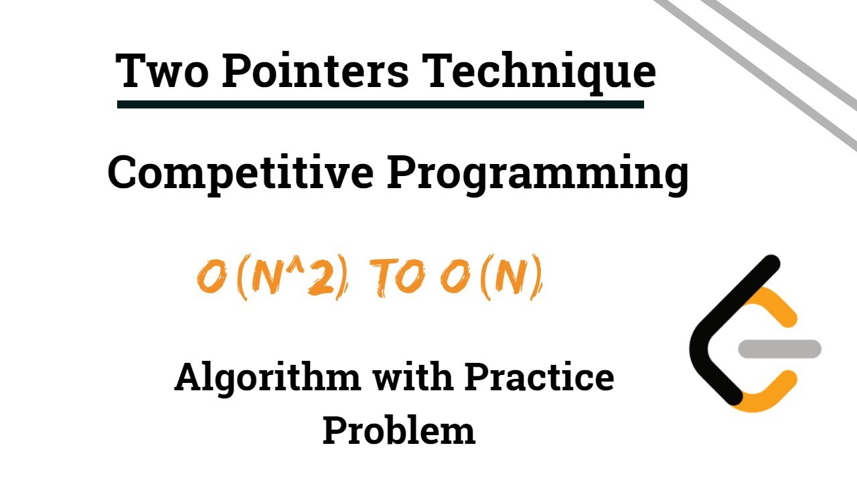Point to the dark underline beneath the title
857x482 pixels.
[x=380, y=104]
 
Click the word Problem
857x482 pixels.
[x=399, y=430]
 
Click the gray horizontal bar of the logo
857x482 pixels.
[x=779, y=349]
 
